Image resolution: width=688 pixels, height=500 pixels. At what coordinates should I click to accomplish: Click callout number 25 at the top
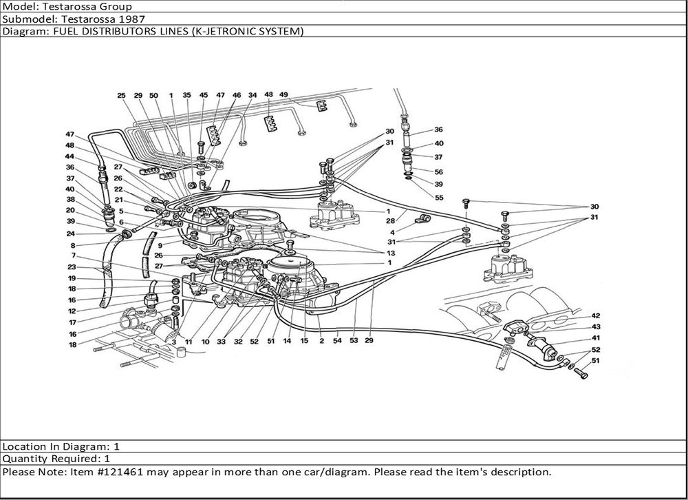pyautogui.click(x=121, y=96)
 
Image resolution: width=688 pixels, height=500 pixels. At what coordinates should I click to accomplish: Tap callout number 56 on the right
pyautogui.click(x=438, y=172)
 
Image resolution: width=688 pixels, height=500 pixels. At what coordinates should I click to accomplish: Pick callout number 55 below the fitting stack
pyautogui.click(x=440, y=198)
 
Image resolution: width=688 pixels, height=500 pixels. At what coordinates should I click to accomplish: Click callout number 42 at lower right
pyautogui.click(x=596, y=315)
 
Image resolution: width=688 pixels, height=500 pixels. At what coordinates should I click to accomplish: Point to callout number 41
pyautogui.click(x=596, y=338)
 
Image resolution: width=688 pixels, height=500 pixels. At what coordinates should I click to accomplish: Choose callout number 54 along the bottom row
pyautogui.click(x=337, y=341)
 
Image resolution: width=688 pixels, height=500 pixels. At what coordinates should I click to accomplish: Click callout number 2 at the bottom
pyautogui.click(x=321, y=341)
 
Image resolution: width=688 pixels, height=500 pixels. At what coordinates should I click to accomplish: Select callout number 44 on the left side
pyautogui.click(x=70, y=156)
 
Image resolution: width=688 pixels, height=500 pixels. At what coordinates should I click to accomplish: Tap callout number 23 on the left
pyautogui.click(x=71, y=267)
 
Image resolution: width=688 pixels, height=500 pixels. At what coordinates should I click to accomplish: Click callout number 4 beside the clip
pyautogui.click(x=392, y=232)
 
